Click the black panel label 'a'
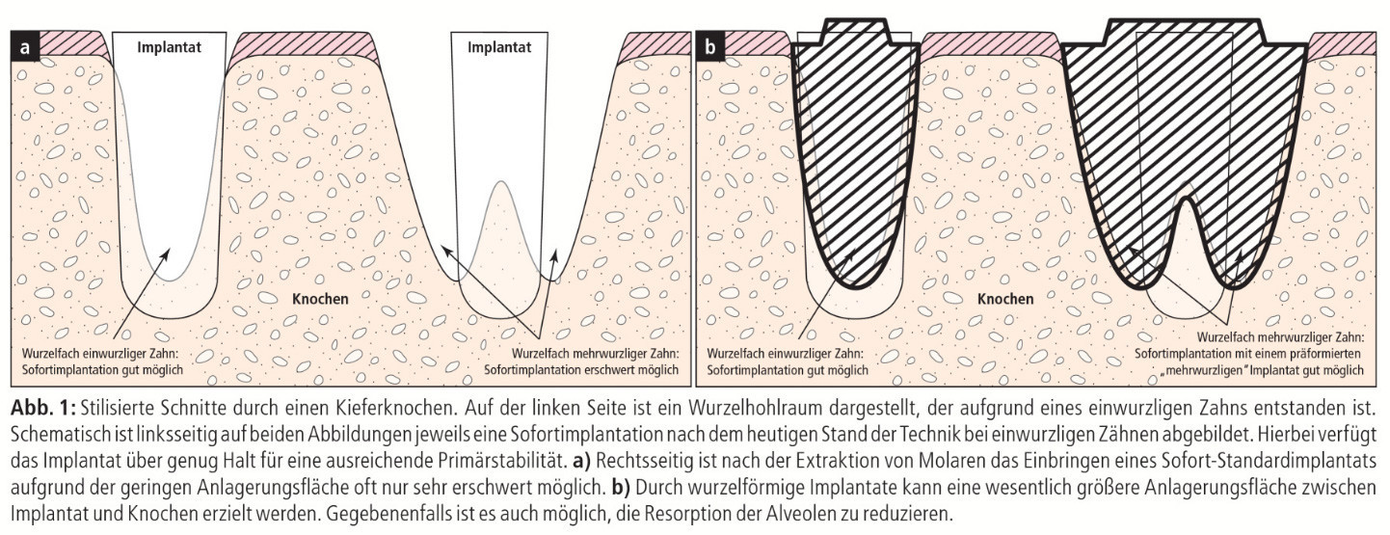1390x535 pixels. pos(25,47)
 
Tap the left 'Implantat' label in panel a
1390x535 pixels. pos(170,48)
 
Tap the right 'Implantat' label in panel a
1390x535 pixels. pos(499,48)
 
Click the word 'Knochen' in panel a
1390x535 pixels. pos(320,299)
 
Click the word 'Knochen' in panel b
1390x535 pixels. pos(1006,299)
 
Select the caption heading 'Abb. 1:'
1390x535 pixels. pos(42,409)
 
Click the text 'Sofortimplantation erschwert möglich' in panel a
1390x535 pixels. pos(581,369)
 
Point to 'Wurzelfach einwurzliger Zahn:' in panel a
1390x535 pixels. pos(100,354)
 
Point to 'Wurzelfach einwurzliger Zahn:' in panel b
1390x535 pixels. pos(786,354)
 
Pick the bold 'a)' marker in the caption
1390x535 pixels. pos(582,461)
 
